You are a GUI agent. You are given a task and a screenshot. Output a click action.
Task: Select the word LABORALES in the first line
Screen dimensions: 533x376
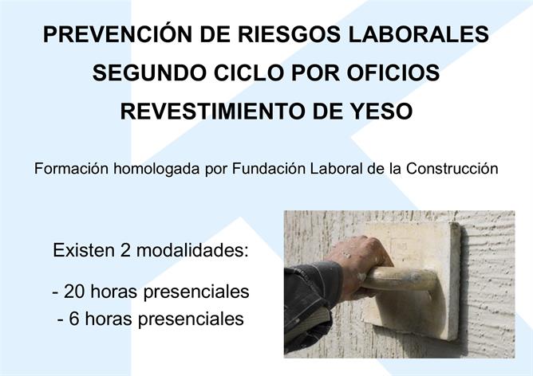[419, 34]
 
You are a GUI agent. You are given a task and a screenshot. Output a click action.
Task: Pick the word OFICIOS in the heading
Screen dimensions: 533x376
[393, 72]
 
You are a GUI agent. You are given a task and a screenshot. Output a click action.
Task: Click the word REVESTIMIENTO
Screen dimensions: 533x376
[212, 111]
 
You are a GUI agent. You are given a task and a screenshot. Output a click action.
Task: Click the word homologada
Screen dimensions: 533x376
[156, 169]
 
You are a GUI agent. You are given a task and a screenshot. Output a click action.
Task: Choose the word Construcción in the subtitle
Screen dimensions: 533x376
[452, 169]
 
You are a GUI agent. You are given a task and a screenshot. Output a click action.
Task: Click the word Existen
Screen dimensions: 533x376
[84, 250]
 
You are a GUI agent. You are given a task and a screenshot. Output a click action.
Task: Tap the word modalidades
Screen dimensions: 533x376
[192, 250]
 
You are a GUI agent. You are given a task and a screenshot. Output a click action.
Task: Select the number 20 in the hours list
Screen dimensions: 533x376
[74, 292]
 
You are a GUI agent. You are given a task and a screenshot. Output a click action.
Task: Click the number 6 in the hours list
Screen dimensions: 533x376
[74, 319]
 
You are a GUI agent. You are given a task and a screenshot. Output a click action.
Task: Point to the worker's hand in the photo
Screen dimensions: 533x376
[357, 268]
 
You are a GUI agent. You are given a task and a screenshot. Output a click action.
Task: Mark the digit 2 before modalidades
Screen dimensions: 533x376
[125, 250]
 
